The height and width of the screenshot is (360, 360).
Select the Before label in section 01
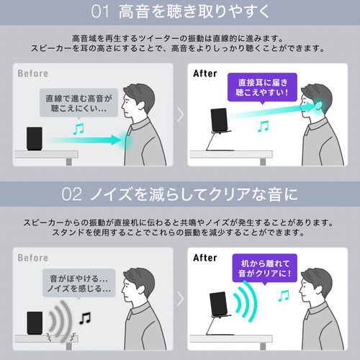pos(34,73)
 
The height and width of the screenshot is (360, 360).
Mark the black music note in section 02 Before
pos(86,316)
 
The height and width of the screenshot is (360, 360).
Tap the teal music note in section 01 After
pos(264,125)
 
